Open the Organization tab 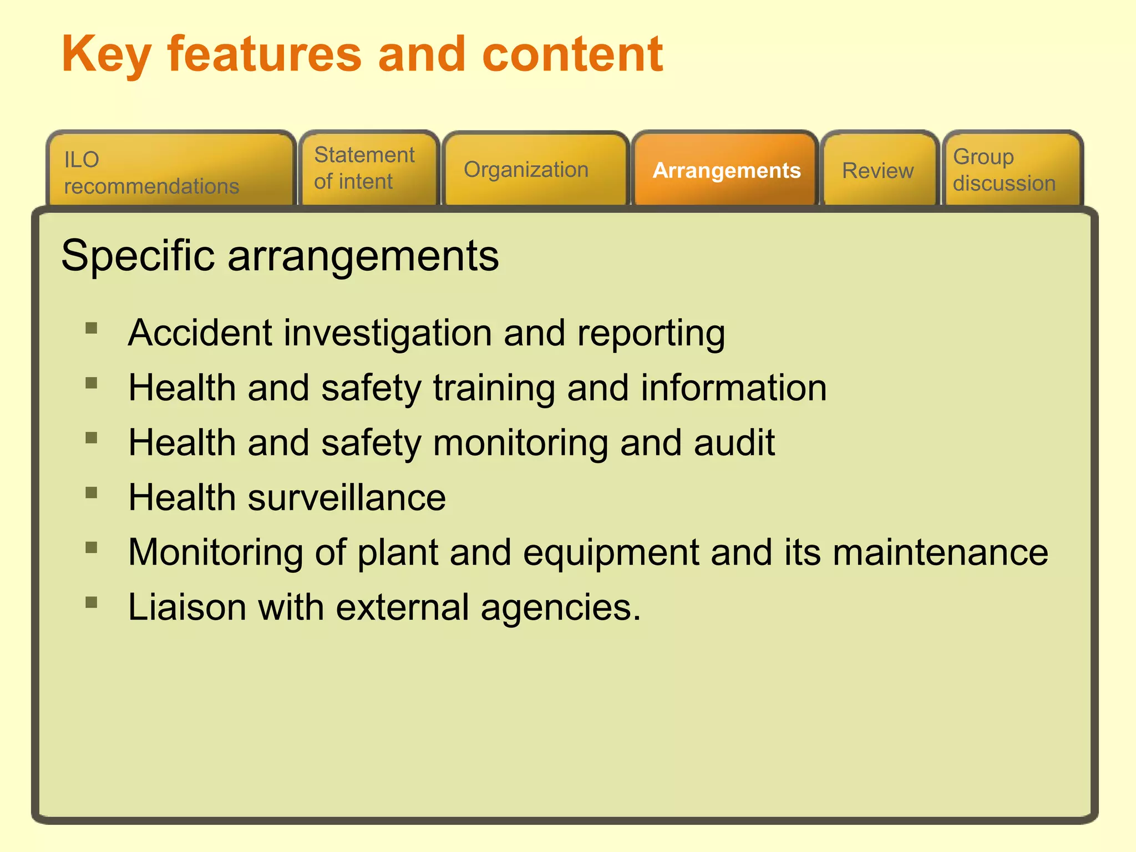click(x=535, y=170)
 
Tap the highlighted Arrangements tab click(x=726, y=170)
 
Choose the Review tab click(x=879, y=170)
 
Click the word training click(x=494, y=388)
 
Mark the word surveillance click(x=347, y=497)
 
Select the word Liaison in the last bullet click(x=187, y=607)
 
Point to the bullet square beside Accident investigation click(x=92, y=328)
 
